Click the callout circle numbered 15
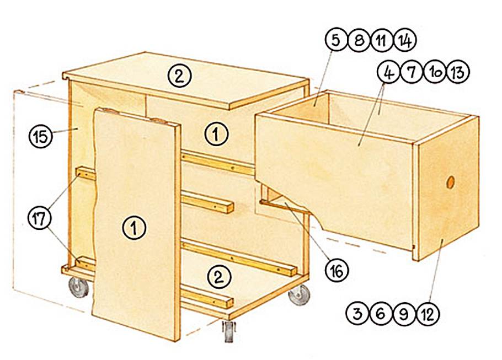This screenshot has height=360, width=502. tap(40, 136)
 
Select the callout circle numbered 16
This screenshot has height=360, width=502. tap(337, 270)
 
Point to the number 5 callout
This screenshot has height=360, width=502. tap(336, 40)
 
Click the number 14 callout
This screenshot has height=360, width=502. tap(405, 40)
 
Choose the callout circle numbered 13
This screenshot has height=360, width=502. tap(458, 72)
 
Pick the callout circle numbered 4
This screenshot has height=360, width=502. tap(389, 72)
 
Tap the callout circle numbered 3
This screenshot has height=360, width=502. tap(357, 314)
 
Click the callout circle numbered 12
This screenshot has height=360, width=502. tap(428, 314)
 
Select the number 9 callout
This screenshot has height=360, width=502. tap(404, 314)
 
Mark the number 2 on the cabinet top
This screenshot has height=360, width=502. tap(180, 76)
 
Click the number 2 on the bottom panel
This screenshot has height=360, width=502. tap(219, 277)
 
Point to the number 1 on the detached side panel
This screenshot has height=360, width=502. tap(135, 228)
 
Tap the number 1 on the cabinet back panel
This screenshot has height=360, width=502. tap(217, 134)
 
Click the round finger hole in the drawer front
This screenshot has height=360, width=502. tap(451, 182)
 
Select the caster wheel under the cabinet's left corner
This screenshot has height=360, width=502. tap(78, 287)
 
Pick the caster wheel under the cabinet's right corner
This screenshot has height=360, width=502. tap(300, 294)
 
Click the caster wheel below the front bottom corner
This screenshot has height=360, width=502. tap(228, 331)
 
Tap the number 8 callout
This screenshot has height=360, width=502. tap(359, 40)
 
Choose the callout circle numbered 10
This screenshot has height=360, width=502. tap(435, 72)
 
